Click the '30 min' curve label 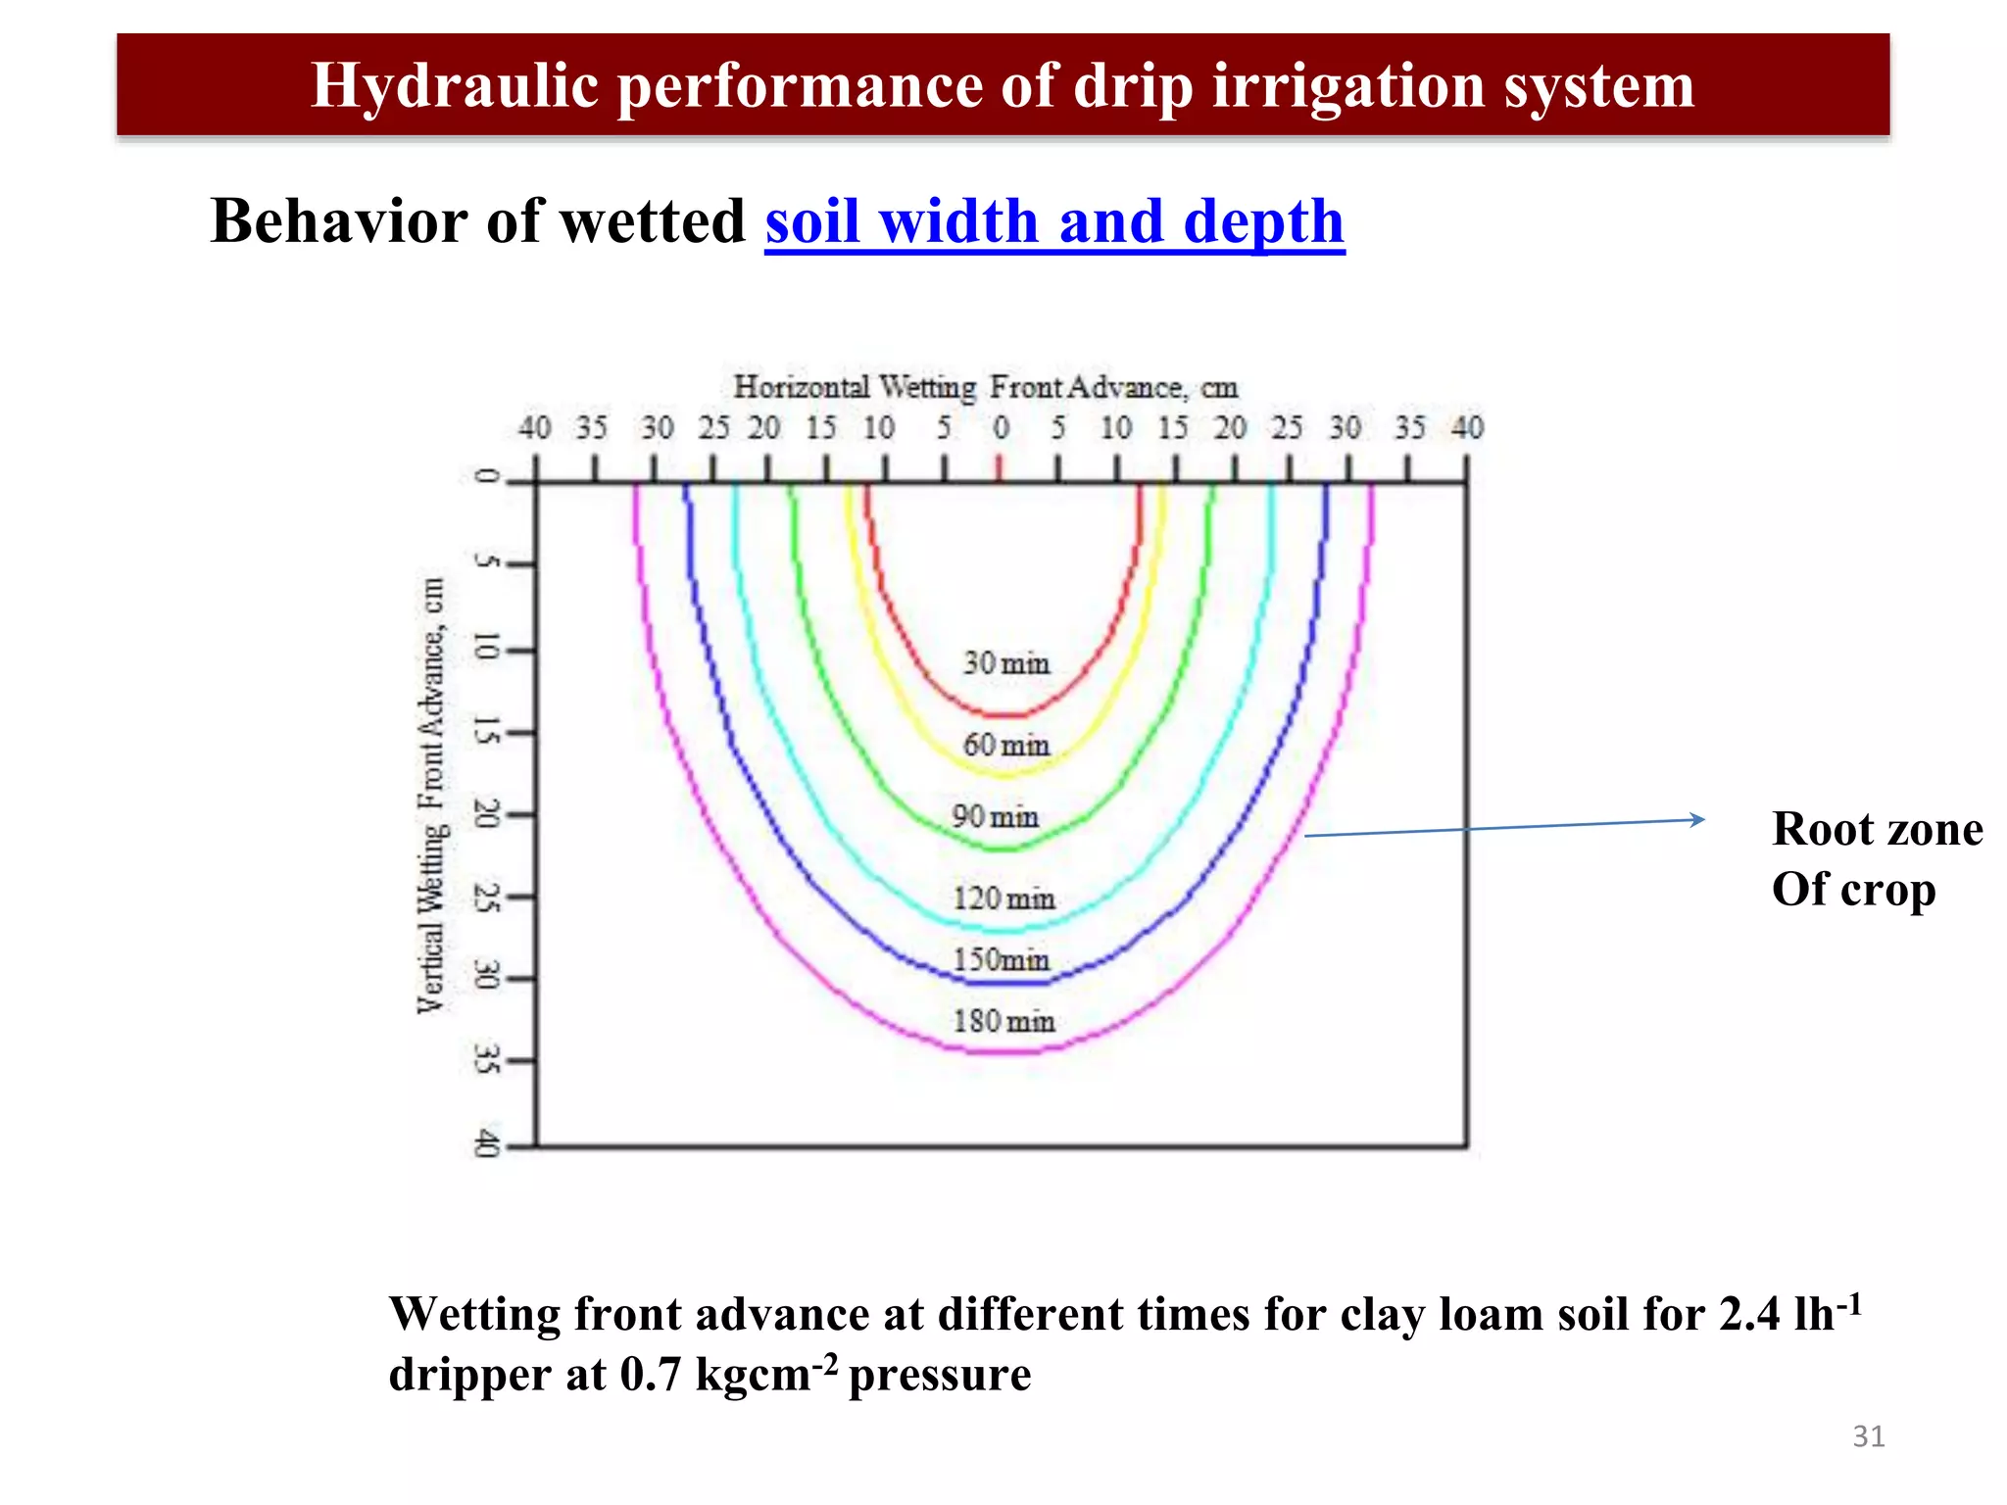click(x=1005, y=663)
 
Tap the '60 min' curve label click(x=1005, y=745)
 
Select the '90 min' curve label click(x=995, y=816)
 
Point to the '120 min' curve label click(x=1003, y=898)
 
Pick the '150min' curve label click(x=1001, y=959)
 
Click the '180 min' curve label click(x=1003, y=1021)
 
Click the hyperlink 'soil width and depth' click(x=1054, y=221)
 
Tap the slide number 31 click(x=1868, y=1436)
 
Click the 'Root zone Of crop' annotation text click(x=1876, y=858)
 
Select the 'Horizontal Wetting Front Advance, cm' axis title click(x=986, y=387)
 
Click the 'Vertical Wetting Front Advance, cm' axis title click(x=431, y=795)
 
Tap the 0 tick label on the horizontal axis click(x=1001, y=428)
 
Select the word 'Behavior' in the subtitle click(x=337, y=221)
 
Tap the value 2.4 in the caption click(x=1749, y=1315)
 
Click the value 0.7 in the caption click(x=650, y=1375)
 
